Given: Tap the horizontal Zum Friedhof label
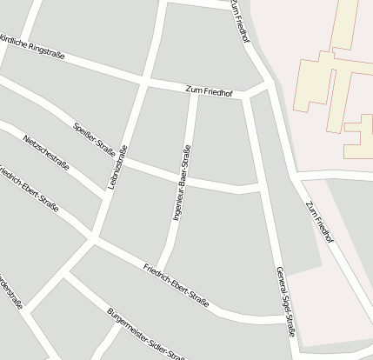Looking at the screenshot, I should coord(210,91).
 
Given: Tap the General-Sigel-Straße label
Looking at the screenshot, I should coord(284,301).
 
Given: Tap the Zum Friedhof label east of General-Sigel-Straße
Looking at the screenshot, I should coord(319,222).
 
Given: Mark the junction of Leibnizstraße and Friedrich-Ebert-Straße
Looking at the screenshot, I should coord(92,239).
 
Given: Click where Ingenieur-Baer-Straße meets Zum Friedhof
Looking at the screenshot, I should coord(194,91).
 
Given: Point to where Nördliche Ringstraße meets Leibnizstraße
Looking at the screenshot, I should coord(143,83).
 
